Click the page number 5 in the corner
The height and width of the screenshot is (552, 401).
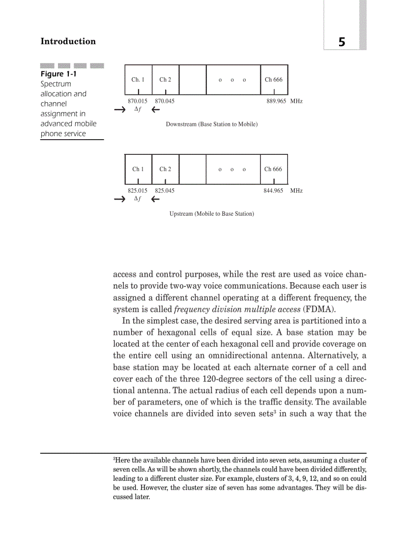[x=342, y=42]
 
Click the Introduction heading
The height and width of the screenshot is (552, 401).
[x=68, y=41]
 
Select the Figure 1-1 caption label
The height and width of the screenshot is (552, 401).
[x=58, y=74]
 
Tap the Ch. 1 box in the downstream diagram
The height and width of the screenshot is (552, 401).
[x=138, y=79]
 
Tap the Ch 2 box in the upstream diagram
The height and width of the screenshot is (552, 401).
[x=165, y=169]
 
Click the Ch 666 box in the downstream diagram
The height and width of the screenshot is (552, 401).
[x=274, y=79]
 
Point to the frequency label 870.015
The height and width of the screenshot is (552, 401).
[x=138, y=101]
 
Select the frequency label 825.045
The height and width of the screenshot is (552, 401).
[x=165, y=190]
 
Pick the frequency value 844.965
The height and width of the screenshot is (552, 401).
[x=273, y=190]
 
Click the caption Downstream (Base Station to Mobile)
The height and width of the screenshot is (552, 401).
[x=211, y=124]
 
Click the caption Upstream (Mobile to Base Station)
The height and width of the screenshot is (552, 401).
[x=212, y=214]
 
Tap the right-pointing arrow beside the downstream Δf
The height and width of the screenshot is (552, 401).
[x=119, y=110]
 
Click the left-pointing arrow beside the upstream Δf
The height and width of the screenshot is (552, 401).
[x=155, y=200]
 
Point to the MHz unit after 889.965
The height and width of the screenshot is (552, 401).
[x=296, y=101]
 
